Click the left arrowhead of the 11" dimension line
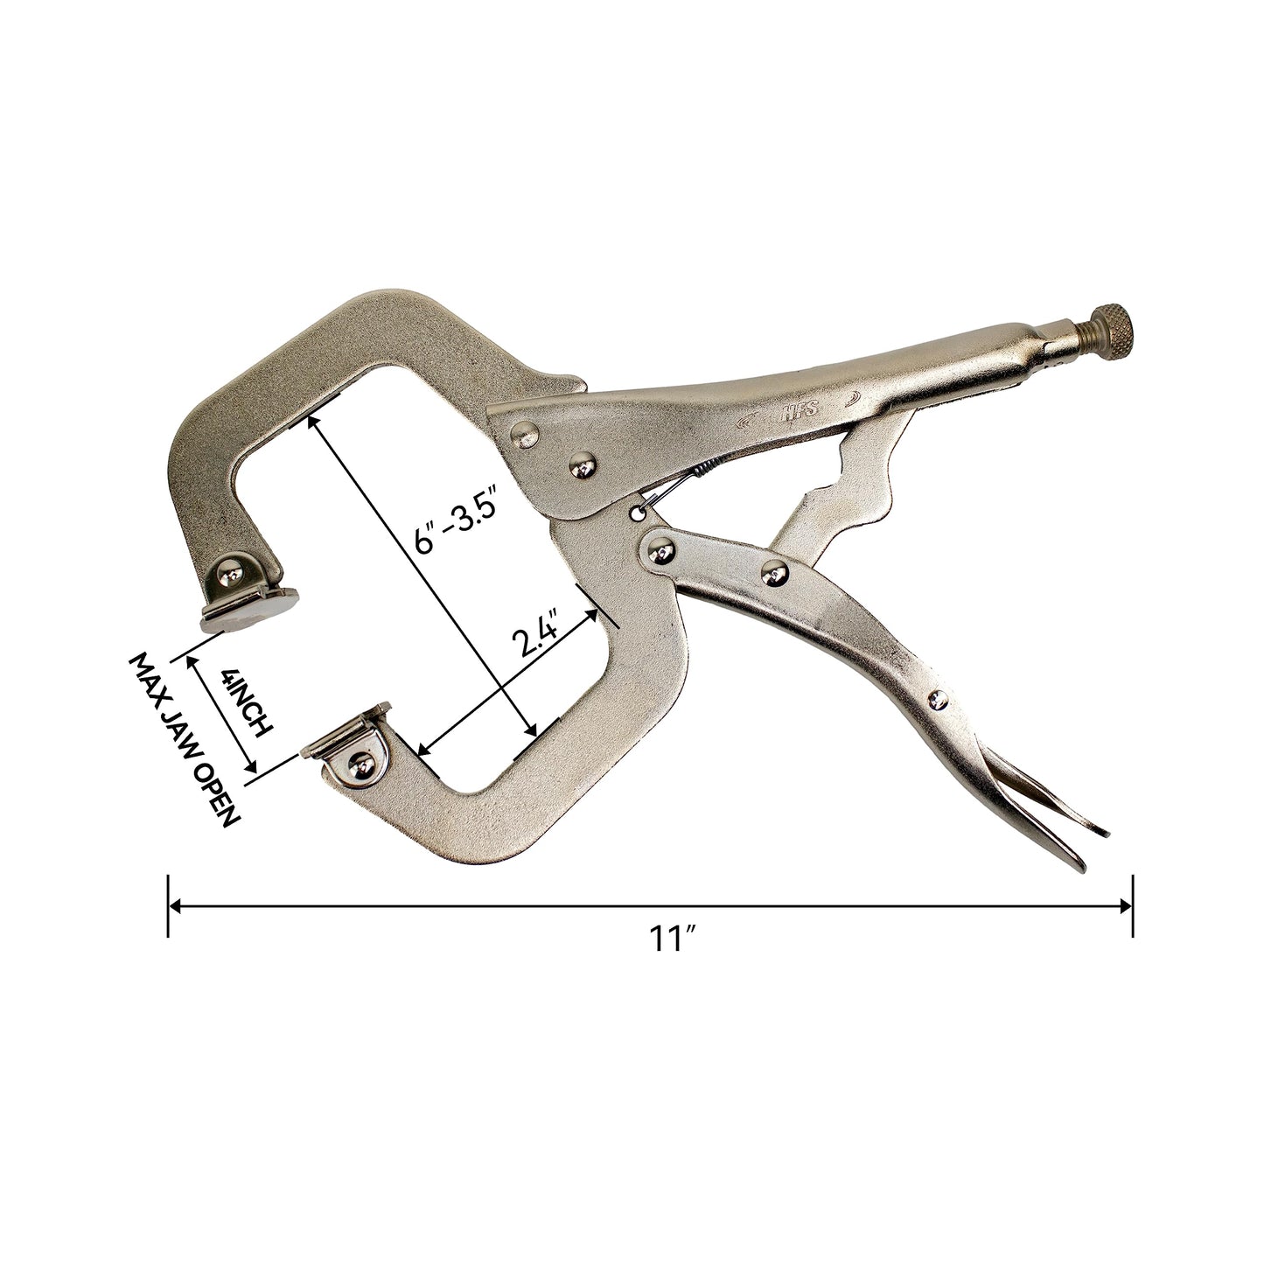(x=175, y=907)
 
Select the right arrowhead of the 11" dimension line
(x=1126, y=907)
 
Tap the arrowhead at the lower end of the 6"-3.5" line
(x=530, y=731)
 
